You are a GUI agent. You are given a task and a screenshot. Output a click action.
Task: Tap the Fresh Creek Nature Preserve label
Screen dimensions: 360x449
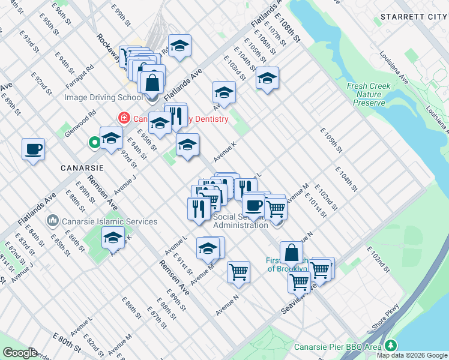(368, 94)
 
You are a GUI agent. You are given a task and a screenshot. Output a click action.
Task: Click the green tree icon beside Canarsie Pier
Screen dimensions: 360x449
(391, 346)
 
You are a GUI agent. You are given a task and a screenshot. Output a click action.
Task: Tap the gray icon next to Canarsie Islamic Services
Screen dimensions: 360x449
(54, 221)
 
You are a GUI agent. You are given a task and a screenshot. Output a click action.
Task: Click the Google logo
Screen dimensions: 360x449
(20, 353)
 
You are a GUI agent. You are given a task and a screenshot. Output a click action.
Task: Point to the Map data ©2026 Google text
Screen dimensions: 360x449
(411, 355)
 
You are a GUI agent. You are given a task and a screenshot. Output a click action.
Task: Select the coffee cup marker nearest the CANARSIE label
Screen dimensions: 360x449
(33, 149)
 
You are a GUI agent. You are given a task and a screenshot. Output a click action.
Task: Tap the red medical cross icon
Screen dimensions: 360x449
(124, 118)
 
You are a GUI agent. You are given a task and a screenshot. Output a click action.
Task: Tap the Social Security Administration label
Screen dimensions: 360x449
(240, 221)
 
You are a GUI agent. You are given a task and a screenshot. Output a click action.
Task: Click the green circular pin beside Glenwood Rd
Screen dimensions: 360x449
(94, 142)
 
